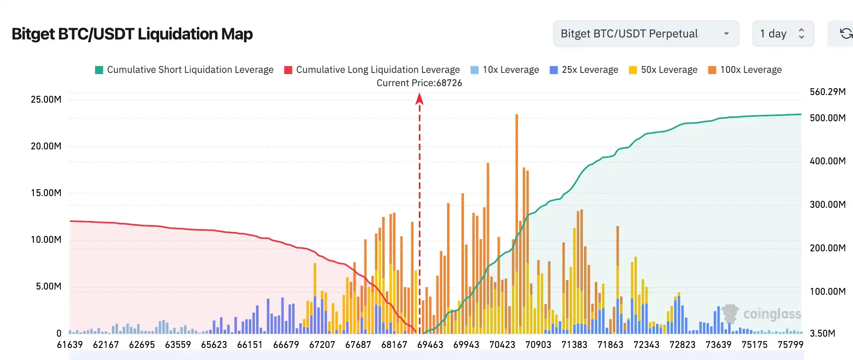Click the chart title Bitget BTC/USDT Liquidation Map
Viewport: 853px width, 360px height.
pyautogui.click(x=132, y=34)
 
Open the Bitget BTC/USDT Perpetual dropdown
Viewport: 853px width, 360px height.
pyautogui.click(x=646, y=34)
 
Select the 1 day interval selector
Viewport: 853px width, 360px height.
pyautogui.click(x=783, y=34)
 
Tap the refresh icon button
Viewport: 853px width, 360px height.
pyautogui.click(x=845, y=34)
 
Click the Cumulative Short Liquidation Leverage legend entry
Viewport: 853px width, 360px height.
pyautogui.click(x=184, y=70)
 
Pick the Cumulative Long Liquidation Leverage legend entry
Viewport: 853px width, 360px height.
pyautogui.click(x=372, y=70)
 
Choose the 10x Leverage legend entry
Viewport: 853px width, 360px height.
pyautogui.click(x=505, y=70)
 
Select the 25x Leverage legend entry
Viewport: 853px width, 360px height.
pyautogui.click(x=584, y=70)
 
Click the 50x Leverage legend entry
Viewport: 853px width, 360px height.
pyautogui.click(x=663, y=70)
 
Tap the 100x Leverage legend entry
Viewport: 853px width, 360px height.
pyautogui.click(x=745, y=70)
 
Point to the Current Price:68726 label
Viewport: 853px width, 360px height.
pyautogui.click(x=419, y=83)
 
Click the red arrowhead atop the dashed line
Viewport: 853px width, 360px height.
pyautogui.click(x=419, y=99)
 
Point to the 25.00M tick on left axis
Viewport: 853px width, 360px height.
pyautogui.click(x=46, y=99)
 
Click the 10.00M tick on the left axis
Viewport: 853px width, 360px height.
pyautogui.click(x=46, y=240)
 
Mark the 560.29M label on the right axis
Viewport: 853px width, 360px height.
pyautogui.click(x=828, y=92)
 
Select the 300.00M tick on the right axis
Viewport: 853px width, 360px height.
pyautogui.click(x=828, y=205)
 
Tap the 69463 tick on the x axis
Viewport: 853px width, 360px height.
pyautogui.click(x=430, y=345)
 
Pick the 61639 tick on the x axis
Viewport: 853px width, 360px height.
pyautogui.click(x=70, y=345)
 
